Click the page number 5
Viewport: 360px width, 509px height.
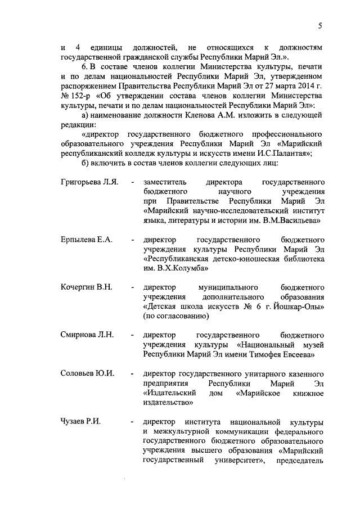coord(319,25)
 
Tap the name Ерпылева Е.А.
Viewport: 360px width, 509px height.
coord(87,240)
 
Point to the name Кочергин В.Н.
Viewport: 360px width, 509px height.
coord(87,287)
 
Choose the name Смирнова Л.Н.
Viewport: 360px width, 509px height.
coord(87,335)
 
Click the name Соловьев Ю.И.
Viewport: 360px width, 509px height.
coord(87,373)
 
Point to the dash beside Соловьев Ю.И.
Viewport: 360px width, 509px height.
coord(132,374)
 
